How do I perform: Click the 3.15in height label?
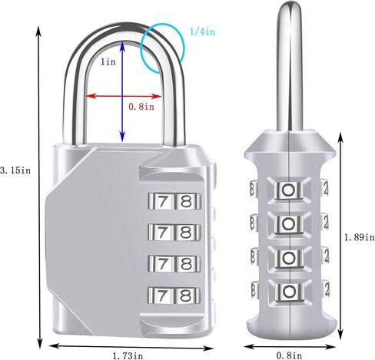[15, 170]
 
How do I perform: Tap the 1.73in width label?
[128, 355]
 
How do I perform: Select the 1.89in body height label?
[359, 237]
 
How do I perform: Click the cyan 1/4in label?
[202, 31]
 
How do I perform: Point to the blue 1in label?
[108, 61]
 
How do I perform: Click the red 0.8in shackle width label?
[141, 107]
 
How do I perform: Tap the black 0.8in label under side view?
[289, 355]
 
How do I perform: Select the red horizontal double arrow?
[124, 96]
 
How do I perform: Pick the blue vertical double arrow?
[122, 91]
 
